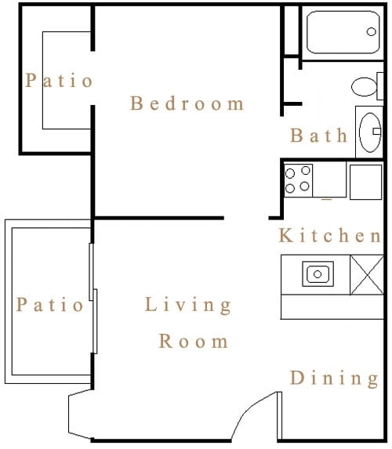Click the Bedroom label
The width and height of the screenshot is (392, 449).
(x=187, y=103)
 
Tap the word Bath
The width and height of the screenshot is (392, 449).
(x=318, y=136)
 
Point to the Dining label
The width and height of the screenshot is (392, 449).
(x=334, y=378)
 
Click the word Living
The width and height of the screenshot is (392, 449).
(x=188, y=306)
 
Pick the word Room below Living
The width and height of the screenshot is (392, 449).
(x=194, y=342)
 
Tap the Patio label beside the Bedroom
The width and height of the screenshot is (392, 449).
(x=59, y=80)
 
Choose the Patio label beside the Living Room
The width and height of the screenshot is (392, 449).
(x=50, y=304)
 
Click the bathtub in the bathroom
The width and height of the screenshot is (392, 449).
(x=341, y=31)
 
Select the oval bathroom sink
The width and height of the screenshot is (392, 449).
(x=369, y=131)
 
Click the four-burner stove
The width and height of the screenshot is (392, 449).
(x=298, y=179)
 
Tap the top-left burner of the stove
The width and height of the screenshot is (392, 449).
(x=290, y=172)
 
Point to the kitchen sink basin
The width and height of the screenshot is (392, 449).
(x=318, y=274)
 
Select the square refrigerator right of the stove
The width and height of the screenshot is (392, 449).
(x=365, y=181)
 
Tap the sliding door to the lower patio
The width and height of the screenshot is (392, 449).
(x=94, y=298)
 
